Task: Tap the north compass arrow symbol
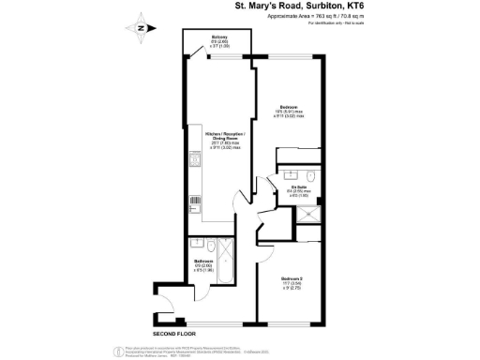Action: click(x=140, y=27)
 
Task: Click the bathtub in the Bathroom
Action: click(x=204, y=247)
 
